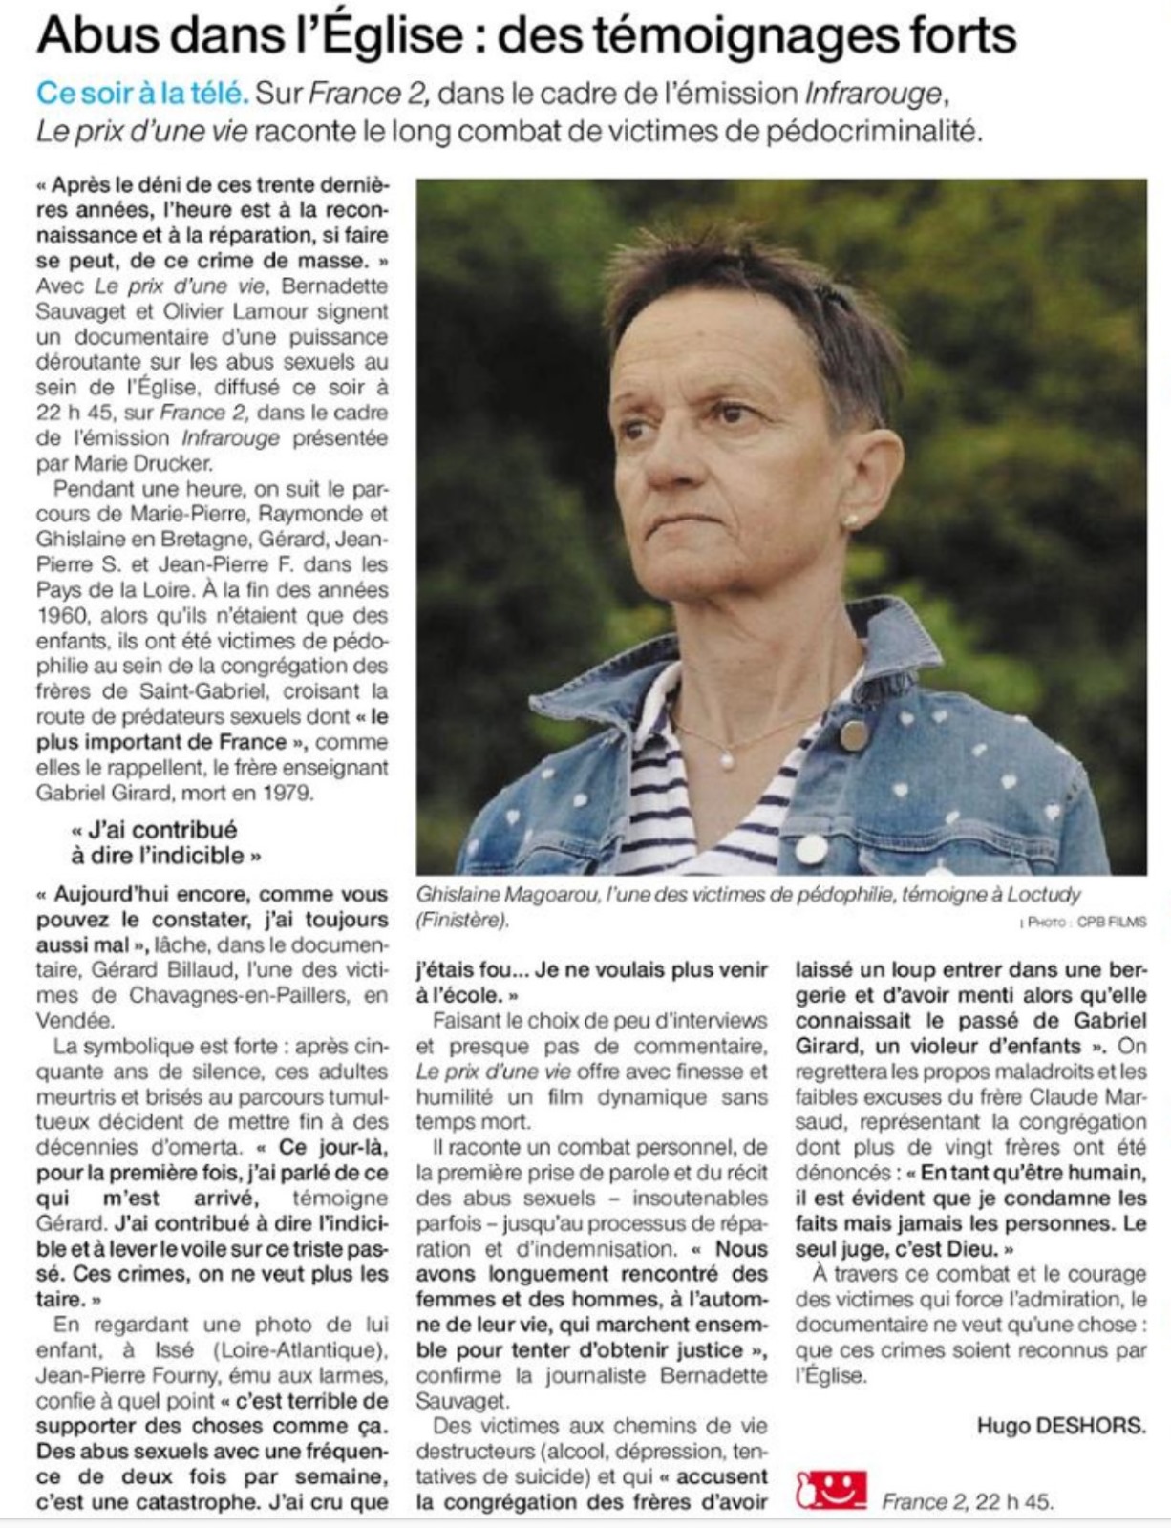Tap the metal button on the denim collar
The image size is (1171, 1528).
[x=853, y=734]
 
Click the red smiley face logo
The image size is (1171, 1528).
[x=831, y=1490]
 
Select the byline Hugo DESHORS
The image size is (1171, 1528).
[x=1061, y=1426]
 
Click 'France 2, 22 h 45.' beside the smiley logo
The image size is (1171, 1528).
[x=967, y=1501]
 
